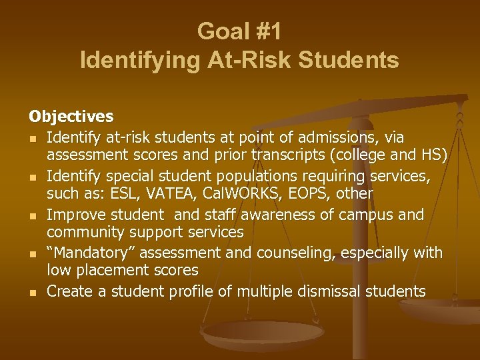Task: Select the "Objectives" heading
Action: click(x=71, y=117)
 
